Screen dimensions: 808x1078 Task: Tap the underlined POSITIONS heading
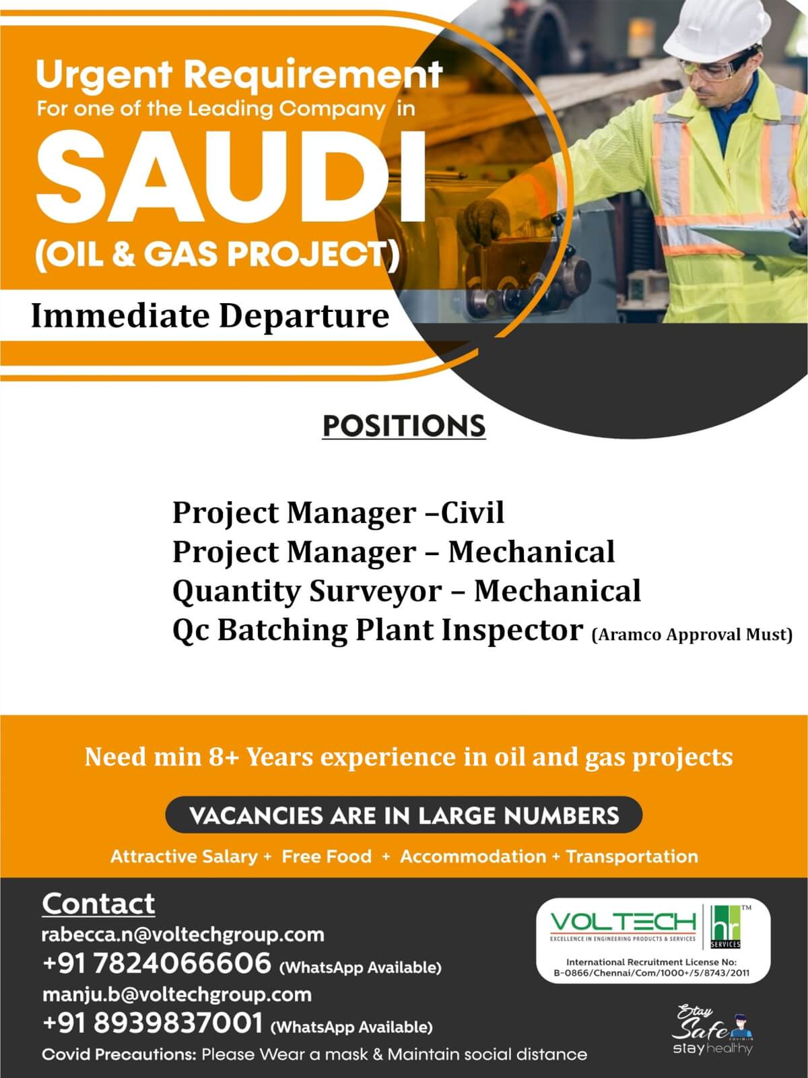404,426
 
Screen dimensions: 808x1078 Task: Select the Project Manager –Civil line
339,513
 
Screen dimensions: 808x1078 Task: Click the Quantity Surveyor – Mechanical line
407,591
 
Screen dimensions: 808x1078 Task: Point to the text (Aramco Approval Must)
692,635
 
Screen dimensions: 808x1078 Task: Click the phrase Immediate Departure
210,316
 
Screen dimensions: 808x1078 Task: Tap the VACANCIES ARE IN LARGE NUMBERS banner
404,815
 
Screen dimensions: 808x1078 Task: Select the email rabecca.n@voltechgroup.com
183,934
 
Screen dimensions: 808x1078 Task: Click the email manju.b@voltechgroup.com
176,994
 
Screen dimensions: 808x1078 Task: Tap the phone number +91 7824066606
156,963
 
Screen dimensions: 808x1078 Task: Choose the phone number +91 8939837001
153,1023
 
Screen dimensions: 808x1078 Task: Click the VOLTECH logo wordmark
623,922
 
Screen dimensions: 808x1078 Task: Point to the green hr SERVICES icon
726,926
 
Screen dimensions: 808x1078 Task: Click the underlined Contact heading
98,903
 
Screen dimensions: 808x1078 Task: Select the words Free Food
327,856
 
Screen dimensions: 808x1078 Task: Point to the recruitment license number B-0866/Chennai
652,973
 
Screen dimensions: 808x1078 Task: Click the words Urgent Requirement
240,75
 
